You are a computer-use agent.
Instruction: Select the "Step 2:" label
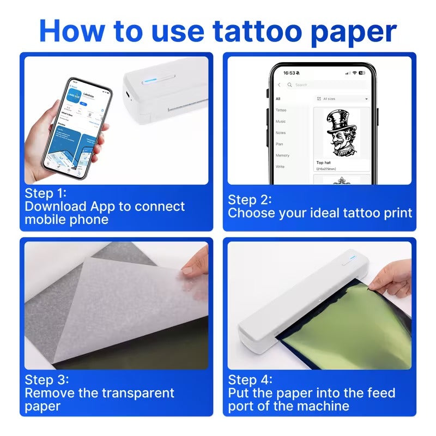tap(250, 199)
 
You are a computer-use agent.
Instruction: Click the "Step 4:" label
tap(250, 380)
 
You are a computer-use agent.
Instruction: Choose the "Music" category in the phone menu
tap(281, 122)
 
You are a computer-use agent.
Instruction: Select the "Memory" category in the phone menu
tap(282, 155)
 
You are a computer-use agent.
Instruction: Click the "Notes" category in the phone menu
tap(281, 133)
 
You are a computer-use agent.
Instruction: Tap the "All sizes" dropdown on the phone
tap(342, 99)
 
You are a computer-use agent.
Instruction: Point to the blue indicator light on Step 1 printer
tap(149, 82)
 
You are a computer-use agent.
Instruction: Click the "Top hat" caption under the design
tap(324, 162)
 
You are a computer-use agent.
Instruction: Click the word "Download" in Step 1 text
tap(56, 207)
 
